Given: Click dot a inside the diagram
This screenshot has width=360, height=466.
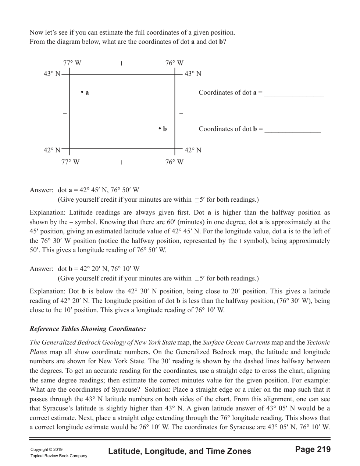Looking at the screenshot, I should [x=82, y=92].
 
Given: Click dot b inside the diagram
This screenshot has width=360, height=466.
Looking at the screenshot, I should [x=160, y=128].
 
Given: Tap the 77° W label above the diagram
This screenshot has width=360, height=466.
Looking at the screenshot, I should [x=72, y=63].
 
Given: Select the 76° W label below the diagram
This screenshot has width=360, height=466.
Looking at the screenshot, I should [x=174, y=162].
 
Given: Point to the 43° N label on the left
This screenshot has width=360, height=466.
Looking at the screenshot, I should [x=52, y=74].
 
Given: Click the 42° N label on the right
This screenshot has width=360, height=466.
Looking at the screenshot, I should [x=193, y=150].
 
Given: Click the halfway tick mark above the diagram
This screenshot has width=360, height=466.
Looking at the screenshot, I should [x=121, y=64].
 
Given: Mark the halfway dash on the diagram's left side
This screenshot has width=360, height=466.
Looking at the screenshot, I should [x=65, y=113].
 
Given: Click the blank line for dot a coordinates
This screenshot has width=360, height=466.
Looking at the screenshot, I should [x=294, y=95].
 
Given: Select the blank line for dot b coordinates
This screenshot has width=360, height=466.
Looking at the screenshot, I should [x=293, y=131].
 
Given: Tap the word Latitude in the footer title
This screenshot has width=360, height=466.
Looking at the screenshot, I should [x=123, y=451].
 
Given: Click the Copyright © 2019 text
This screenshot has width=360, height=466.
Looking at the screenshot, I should [x=46, y=449].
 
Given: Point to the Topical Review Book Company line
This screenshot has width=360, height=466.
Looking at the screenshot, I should [x=59, y=456].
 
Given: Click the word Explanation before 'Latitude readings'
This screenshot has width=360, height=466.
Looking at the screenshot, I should [x=46, y=213].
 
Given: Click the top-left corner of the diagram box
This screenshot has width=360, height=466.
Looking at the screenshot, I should [x=69, y=75].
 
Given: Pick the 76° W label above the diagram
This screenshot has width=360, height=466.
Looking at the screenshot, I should [x=174, y=63].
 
